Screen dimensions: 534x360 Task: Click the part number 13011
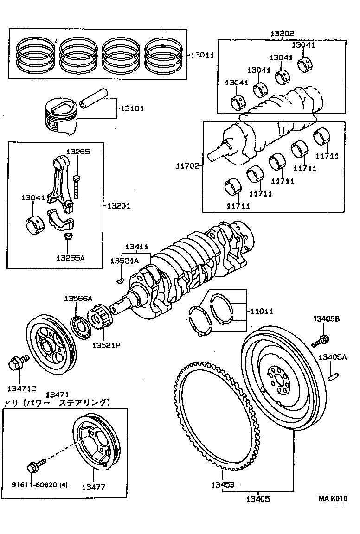click(202, 55)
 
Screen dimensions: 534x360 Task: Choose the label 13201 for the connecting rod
click(119, 205)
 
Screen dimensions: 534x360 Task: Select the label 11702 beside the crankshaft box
click(187, 165)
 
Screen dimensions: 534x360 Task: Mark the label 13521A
click(124, 261)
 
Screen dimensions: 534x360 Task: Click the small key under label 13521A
click(119, 280)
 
